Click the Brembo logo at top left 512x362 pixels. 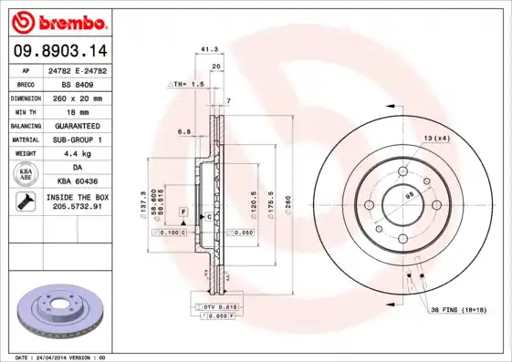(62, 21)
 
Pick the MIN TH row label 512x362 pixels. (26, 111)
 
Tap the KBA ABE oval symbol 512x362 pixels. (26, 175)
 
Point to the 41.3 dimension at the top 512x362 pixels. (208, 50)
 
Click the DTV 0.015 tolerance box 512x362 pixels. (219, 306)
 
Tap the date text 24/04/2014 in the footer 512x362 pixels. (57, 357)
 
